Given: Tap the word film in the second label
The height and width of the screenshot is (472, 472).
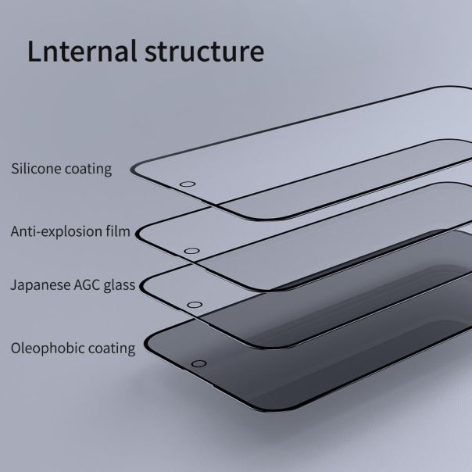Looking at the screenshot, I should coord(117,231).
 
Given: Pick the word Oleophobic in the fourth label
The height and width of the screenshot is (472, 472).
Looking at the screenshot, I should coord(44,349).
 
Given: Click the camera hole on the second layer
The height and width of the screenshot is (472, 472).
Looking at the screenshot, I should coord(190,252).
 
